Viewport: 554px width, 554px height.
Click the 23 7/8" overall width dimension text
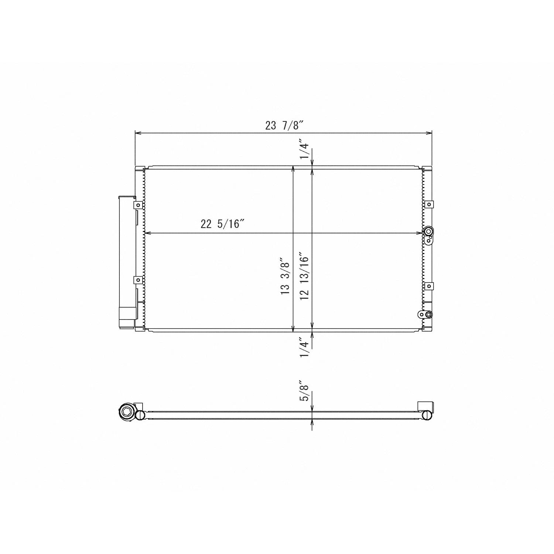[x=284, y=126]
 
